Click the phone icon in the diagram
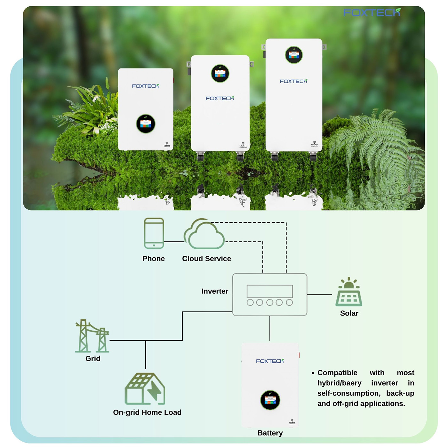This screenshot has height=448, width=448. (154, 233)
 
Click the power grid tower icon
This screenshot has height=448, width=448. (92, 336)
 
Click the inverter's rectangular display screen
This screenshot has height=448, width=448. (270, 291)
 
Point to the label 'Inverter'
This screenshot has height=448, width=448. (215, 291)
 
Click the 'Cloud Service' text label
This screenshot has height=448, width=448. (206, 259)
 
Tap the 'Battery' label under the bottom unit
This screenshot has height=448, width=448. (270, 433)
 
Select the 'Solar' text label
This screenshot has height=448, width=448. (349, 313)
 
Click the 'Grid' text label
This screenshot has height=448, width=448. (93, 359)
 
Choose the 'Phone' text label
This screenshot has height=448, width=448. (154, 259)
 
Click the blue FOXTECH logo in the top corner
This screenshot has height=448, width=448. (372, 12)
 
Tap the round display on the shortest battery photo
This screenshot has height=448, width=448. (146, 124)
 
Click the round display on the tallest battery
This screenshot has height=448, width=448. (294, 55)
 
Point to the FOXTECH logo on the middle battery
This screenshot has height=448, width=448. (220, 98)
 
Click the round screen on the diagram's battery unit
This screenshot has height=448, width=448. (270, 400)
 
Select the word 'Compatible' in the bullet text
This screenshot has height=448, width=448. (337, 373)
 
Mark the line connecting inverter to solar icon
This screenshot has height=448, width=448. (319, 294)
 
